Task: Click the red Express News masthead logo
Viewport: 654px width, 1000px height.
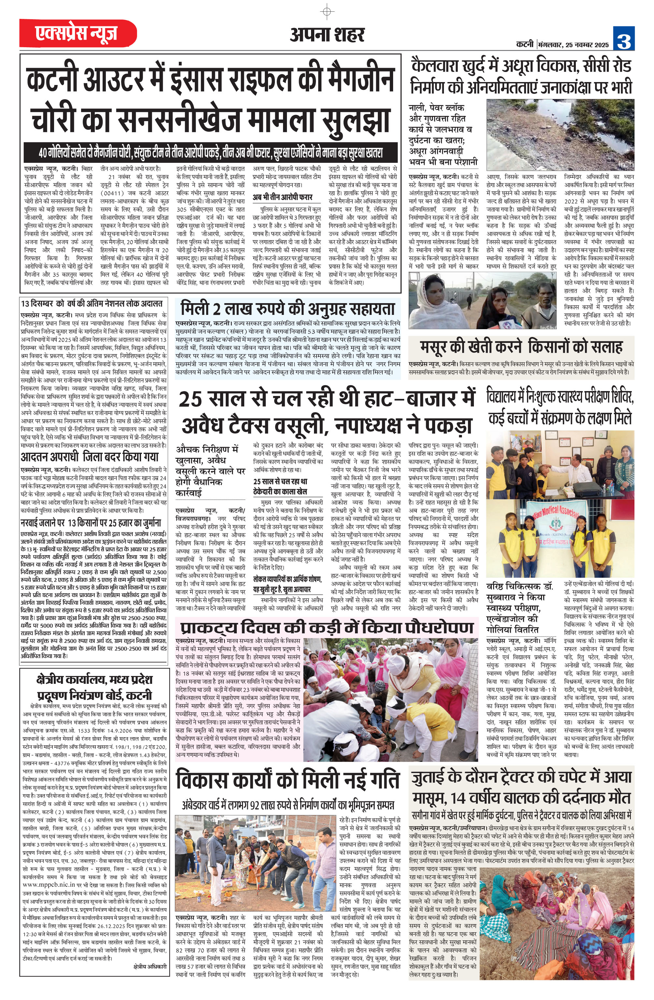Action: pos(78,33)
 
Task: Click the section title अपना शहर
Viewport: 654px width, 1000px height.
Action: pos(327,35)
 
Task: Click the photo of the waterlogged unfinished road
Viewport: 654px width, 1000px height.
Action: pos(560,129)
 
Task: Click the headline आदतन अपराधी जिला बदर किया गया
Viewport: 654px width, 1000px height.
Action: pos(90,457)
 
